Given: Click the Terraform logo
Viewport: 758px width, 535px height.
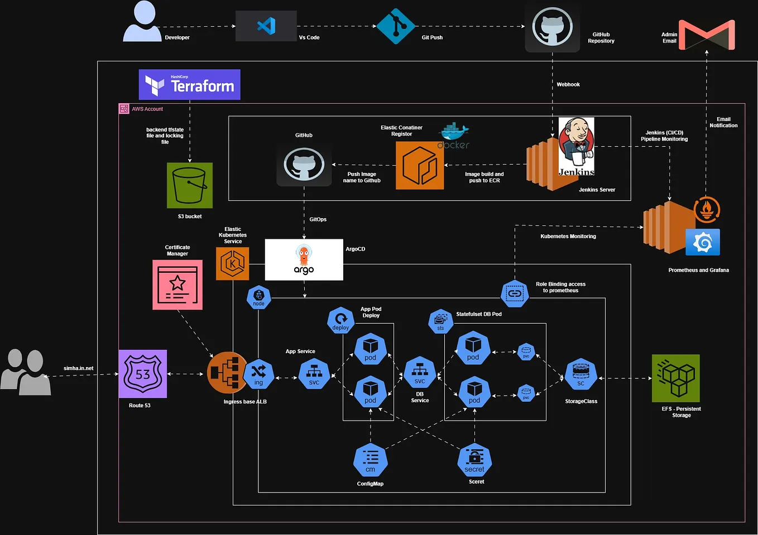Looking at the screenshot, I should [x=189, y=85].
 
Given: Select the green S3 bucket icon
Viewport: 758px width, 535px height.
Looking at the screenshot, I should [x=190, y=185].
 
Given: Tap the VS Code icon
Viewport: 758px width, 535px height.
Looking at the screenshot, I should [x=266, y=26].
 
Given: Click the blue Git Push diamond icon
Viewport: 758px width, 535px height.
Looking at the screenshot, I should [x=396, y=26].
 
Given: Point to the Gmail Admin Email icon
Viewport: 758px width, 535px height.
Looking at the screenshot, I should [x=706, y=35].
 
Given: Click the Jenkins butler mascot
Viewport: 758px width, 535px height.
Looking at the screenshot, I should [x=576, y=146].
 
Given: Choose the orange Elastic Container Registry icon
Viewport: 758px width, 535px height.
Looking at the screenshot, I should [x=420, y=165].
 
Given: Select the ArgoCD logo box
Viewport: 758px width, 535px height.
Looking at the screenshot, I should [x=304, y=260].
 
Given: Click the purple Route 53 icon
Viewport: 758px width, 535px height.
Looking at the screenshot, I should [x=143, y=374].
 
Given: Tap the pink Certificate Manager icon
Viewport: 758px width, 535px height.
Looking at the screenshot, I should [x=177, y=285].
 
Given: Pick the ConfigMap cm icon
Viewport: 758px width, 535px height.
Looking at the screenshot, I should [x=370, y=461].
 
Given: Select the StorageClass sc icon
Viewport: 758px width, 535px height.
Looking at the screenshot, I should [x=581, y=374].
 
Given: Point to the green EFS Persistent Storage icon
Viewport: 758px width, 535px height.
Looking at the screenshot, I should [x=675, y=378].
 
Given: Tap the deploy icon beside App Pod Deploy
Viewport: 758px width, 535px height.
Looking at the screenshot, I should [x=340, y=320].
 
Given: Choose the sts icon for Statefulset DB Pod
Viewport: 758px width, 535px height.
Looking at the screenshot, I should [x=440, y=321].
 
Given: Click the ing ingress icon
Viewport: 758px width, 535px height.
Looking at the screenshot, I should [x=258, y=374].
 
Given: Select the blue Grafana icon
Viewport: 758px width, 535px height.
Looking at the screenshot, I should [x=702, y=242].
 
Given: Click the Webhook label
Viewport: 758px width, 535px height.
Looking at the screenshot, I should [x=568, y=85].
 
